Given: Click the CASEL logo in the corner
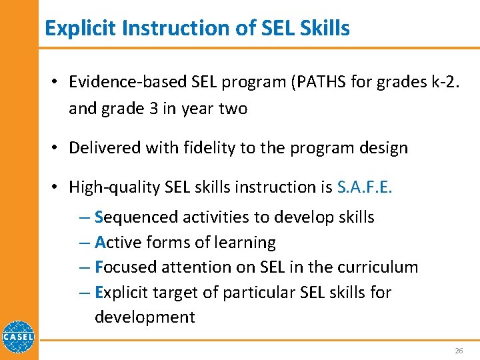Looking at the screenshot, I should click(x=19, y=339).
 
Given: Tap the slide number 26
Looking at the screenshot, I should click(x=458, y=351).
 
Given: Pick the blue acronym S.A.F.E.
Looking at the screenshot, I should click(x=365, y=187).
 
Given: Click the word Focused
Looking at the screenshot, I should click(x=123, y=267).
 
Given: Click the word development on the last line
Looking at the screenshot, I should click(x=145, y=317).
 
